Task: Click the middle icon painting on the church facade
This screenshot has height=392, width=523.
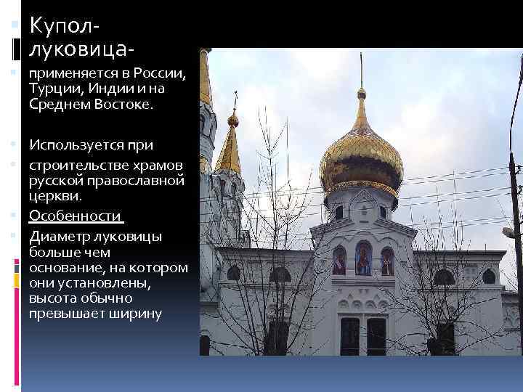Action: click(362, 259)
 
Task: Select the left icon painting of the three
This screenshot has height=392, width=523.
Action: click(338, 261)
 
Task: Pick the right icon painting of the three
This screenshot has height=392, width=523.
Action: click(387, 261)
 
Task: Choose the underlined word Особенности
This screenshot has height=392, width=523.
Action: click(76, 216)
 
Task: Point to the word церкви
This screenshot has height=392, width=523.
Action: click(55, 196)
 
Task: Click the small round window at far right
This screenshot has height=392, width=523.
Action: click(488, 277)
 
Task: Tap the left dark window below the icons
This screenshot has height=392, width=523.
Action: click(349, 335)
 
